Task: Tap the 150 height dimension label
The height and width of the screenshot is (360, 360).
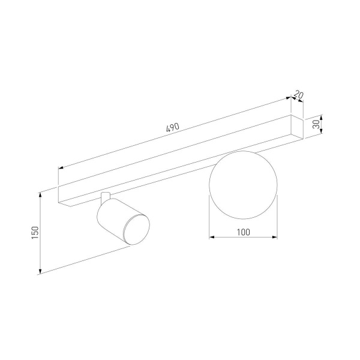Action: click(x=35, y=232)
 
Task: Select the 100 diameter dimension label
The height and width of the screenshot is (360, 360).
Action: click(x=244, y=232)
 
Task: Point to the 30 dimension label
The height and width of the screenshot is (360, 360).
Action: click(x=316, y=124)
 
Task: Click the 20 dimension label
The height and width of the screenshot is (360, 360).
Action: click(x=299, y=95)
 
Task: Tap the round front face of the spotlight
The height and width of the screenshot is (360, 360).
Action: click(x=136, y=230)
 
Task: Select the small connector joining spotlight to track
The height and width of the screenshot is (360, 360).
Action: click(x=106, y=197)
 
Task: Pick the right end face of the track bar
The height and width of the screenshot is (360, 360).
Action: click(x=297, y=127)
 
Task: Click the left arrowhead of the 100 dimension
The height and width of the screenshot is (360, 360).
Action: click(x=212, y=237)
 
